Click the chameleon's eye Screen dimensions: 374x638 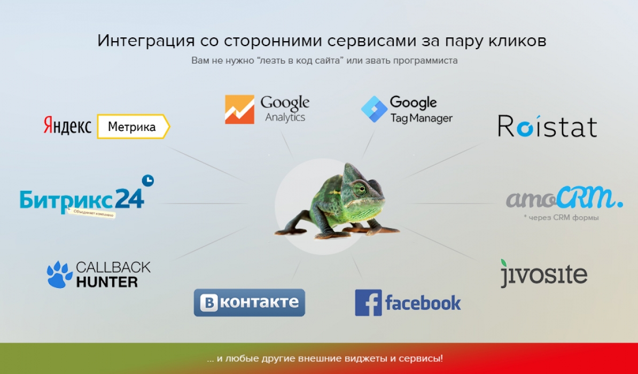360,188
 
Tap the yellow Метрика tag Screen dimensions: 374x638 133,127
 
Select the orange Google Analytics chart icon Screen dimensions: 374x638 239,110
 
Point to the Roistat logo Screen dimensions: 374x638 547,126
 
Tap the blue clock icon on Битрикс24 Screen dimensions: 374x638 147,181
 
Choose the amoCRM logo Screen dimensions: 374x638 564,198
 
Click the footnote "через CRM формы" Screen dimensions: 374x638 562,217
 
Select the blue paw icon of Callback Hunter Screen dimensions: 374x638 59,275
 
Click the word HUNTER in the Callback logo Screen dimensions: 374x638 107,282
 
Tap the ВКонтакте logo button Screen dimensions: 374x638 249,302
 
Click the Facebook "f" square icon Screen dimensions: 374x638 368,303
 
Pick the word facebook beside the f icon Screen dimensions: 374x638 423,303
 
